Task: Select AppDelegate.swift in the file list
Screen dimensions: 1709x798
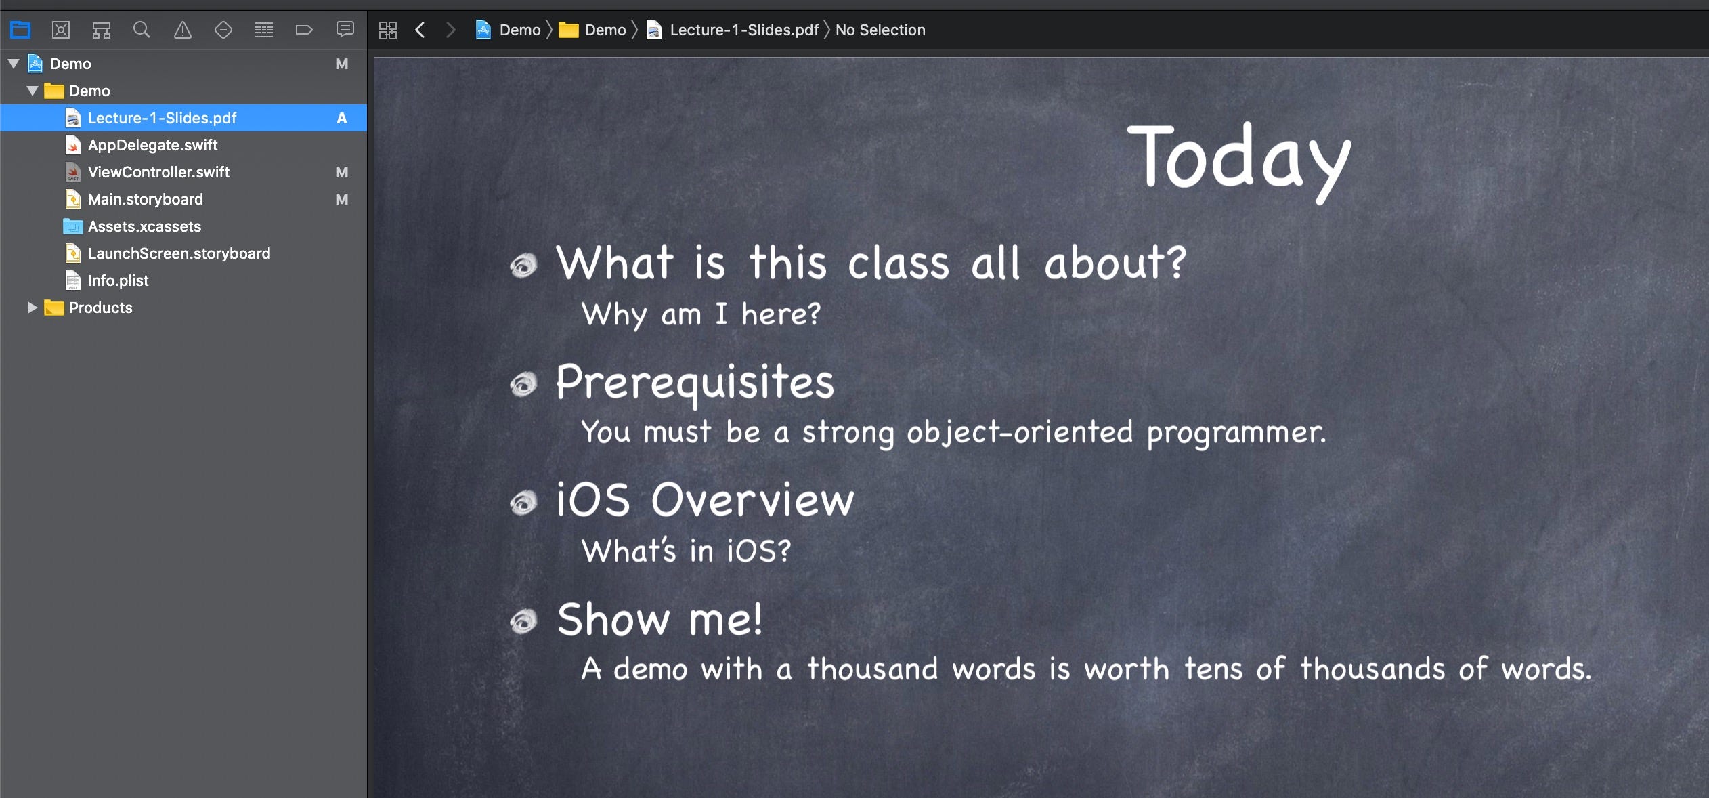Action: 152,145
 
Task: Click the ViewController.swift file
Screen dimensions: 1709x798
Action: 158,172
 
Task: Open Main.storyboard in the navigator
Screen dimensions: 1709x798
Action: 145,199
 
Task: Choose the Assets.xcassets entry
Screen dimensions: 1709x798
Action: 144,226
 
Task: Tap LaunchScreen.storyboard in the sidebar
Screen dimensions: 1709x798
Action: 179,253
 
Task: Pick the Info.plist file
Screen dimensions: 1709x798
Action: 118,280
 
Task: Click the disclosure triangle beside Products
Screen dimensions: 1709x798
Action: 31,308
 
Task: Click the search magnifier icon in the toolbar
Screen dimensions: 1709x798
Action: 142,30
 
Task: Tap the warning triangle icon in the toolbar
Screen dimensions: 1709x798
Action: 183,30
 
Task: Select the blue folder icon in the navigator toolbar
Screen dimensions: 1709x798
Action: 20,30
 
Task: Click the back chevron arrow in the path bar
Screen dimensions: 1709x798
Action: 420,30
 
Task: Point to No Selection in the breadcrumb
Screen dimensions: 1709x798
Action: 880,30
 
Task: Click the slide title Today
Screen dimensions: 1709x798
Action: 1239,161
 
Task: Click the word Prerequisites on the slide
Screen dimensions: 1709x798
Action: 695,383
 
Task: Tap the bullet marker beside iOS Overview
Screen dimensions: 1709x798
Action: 523,503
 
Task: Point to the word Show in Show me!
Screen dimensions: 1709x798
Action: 613,619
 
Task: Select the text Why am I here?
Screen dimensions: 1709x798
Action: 701,314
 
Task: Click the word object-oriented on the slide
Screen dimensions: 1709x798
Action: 1020,432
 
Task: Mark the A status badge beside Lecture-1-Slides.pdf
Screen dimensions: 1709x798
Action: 342,118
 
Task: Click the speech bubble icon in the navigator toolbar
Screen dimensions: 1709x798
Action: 345,29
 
